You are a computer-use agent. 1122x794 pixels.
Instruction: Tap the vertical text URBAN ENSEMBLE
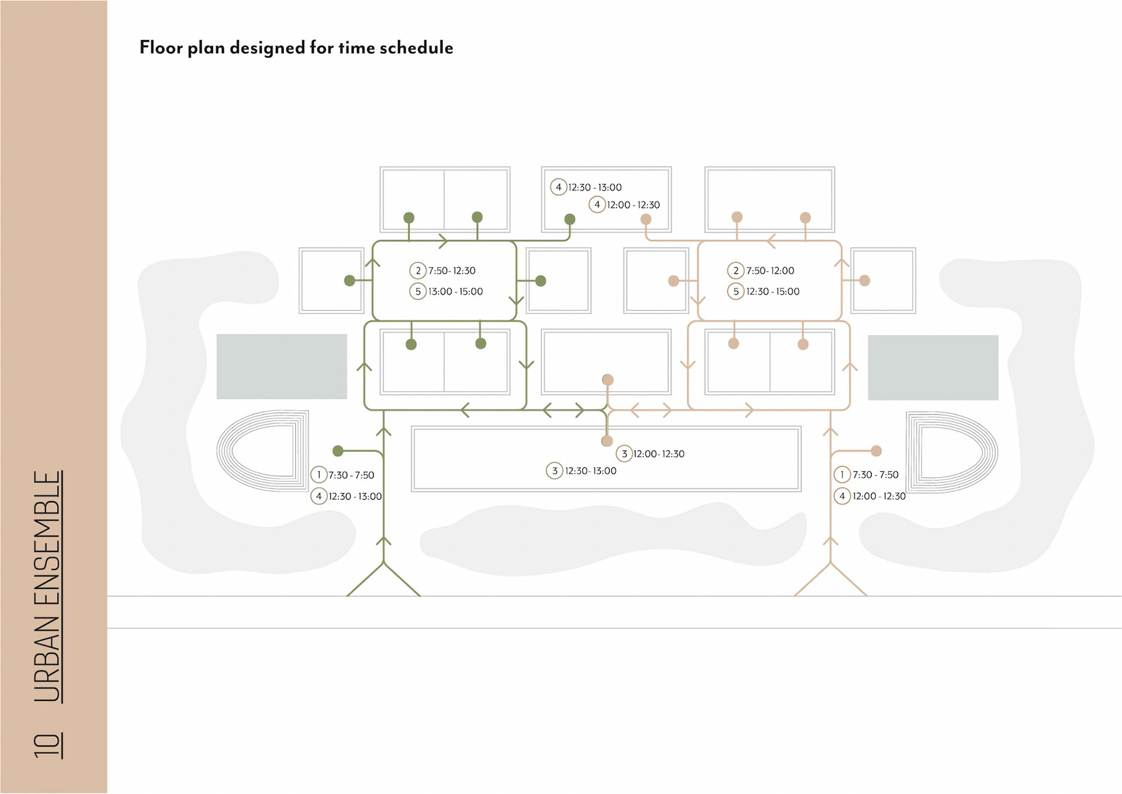point(47,586)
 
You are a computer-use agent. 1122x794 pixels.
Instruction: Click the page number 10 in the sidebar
point(47,745)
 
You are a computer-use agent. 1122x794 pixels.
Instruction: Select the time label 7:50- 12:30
point(452,271)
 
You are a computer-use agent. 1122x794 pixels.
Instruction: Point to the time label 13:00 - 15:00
point(455,291)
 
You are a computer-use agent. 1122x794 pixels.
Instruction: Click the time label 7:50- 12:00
point(770,271)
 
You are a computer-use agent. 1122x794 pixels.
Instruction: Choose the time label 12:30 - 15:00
point(773,291)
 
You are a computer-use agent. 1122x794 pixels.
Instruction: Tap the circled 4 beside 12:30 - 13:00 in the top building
point(559,187)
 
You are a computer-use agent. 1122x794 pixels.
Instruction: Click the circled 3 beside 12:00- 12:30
point(624,454)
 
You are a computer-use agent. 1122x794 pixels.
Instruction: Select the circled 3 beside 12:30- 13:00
point(555,471)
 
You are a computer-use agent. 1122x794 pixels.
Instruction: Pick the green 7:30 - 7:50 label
point(351,475)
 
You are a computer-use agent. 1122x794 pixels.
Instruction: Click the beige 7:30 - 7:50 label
point(875,475)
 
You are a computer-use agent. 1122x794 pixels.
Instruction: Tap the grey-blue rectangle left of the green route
point(282,367)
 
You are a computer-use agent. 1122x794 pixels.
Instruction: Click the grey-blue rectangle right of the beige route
point(933,367)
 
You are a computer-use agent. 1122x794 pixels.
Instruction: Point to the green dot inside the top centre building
point(570,219)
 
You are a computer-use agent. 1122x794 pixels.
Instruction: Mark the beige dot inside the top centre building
point(646,219)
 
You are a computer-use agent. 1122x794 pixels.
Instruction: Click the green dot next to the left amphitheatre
point(338,451)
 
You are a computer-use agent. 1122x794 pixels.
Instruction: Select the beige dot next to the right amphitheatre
point(876,451)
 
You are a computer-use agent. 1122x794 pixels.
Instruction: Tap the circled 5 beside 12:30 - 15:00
point(736,291)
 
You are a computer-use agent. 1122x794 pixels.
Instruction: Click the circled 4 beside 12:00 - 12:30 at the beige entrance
point(842,496)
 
